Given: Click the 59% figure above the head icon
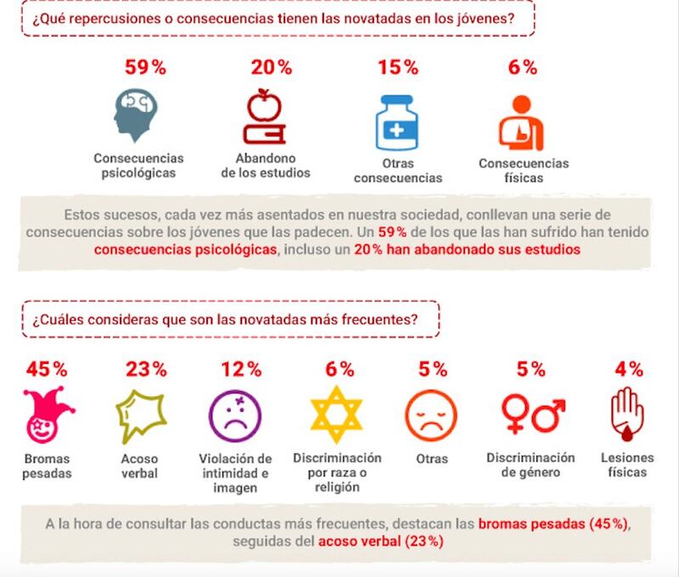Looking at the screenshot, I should tap(139, 67).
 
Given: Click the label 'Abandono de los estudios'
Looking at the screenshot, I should tap(266, 165).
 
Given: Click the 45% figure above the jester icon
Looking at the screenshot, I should tap(48, 369).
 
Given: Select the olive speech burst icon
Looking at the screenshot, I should tap(139, 413).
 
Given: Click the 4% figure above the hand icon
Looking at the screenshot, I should tap(629, 369).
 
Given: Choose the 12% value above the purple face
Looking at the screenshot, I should tap(242, 369).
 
